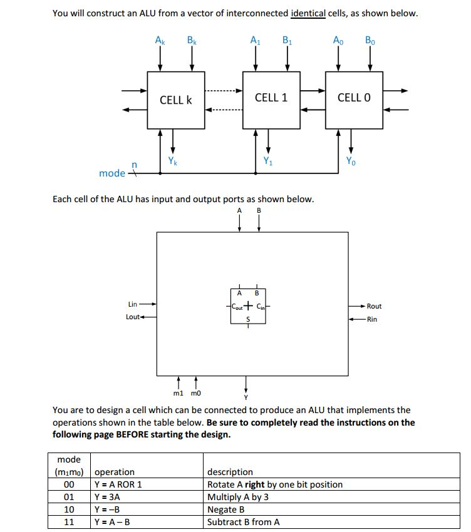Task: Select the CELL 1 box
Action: [271, 98]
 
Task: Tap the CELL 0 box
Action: [354, 98]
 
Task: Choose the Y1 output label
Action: [268, 161]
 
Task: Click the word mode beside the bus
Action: [112, 173]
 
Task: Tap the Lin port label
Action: [133, 304]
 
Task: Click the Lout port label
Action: [133, 317]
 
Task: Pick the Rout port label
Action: [374, 306]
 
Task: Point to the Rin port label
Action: [372, 319]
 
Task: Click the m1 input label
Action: [178, 394]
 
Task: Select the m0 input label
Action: [196, 394]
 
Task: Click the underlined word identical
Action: [308, 13]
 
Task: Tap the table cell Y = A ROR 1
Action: [118, 484]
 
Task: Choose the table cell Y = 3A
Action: [107, 497]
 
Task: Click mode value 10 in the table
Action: [70, 509]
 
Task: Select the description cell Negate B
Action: [225, 509]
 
